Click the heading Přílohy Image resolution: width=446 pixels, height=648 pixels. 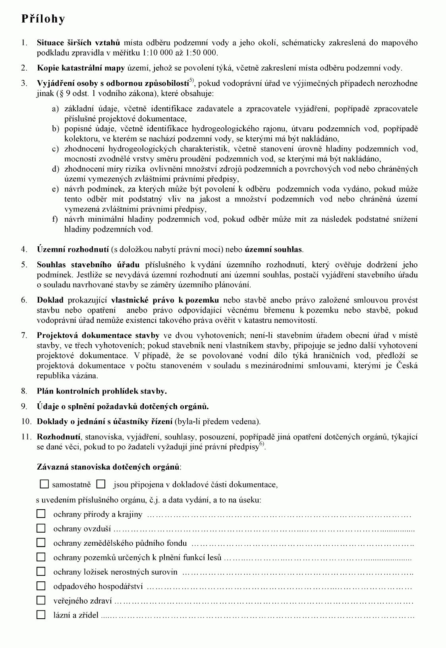[43, 19]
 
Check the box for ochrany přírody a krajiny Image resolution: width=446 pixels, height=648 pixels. [41, 514]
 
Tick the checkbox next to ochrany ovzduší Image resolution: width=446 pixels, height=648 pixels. [41, 528]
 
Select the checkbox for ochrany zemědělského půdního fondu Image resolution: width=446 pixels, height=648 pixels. [41, 543]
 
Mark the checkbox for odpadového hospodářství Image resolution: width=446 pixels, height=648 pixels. [41, 586]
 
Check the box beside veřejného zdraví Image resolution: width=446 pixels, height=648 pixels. [41, 600]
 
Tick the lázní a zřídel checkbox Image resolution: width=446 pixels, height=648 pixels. [41, 615]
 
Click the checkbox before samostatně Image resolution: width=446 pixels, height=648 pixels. [44, 484]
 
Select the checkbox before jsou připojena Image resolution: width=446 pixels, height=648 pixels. [101, 484]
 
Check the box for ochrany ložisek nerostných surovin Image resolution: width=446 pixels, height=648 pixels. [41, 571]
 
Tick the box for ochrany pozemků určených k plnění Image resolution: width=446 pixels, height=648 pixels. [41, 557]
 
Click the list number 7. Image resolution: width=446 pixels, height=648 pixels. [24, 336]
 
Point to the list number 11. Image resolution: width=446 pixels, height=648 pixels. [26, 437]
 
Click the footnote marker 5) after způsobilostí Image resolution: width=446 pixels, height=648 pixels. [191, 81]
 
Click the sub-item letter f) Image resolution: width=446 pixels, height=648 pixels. [55, 219]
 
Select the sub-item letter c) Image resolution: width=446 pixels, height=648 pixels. [55, 149]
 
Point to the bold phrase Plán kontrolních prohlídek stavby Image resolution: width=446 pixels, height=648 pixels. [102, 391]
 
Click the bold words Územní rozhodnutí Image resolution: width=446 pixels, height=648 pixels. [73, 249]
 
